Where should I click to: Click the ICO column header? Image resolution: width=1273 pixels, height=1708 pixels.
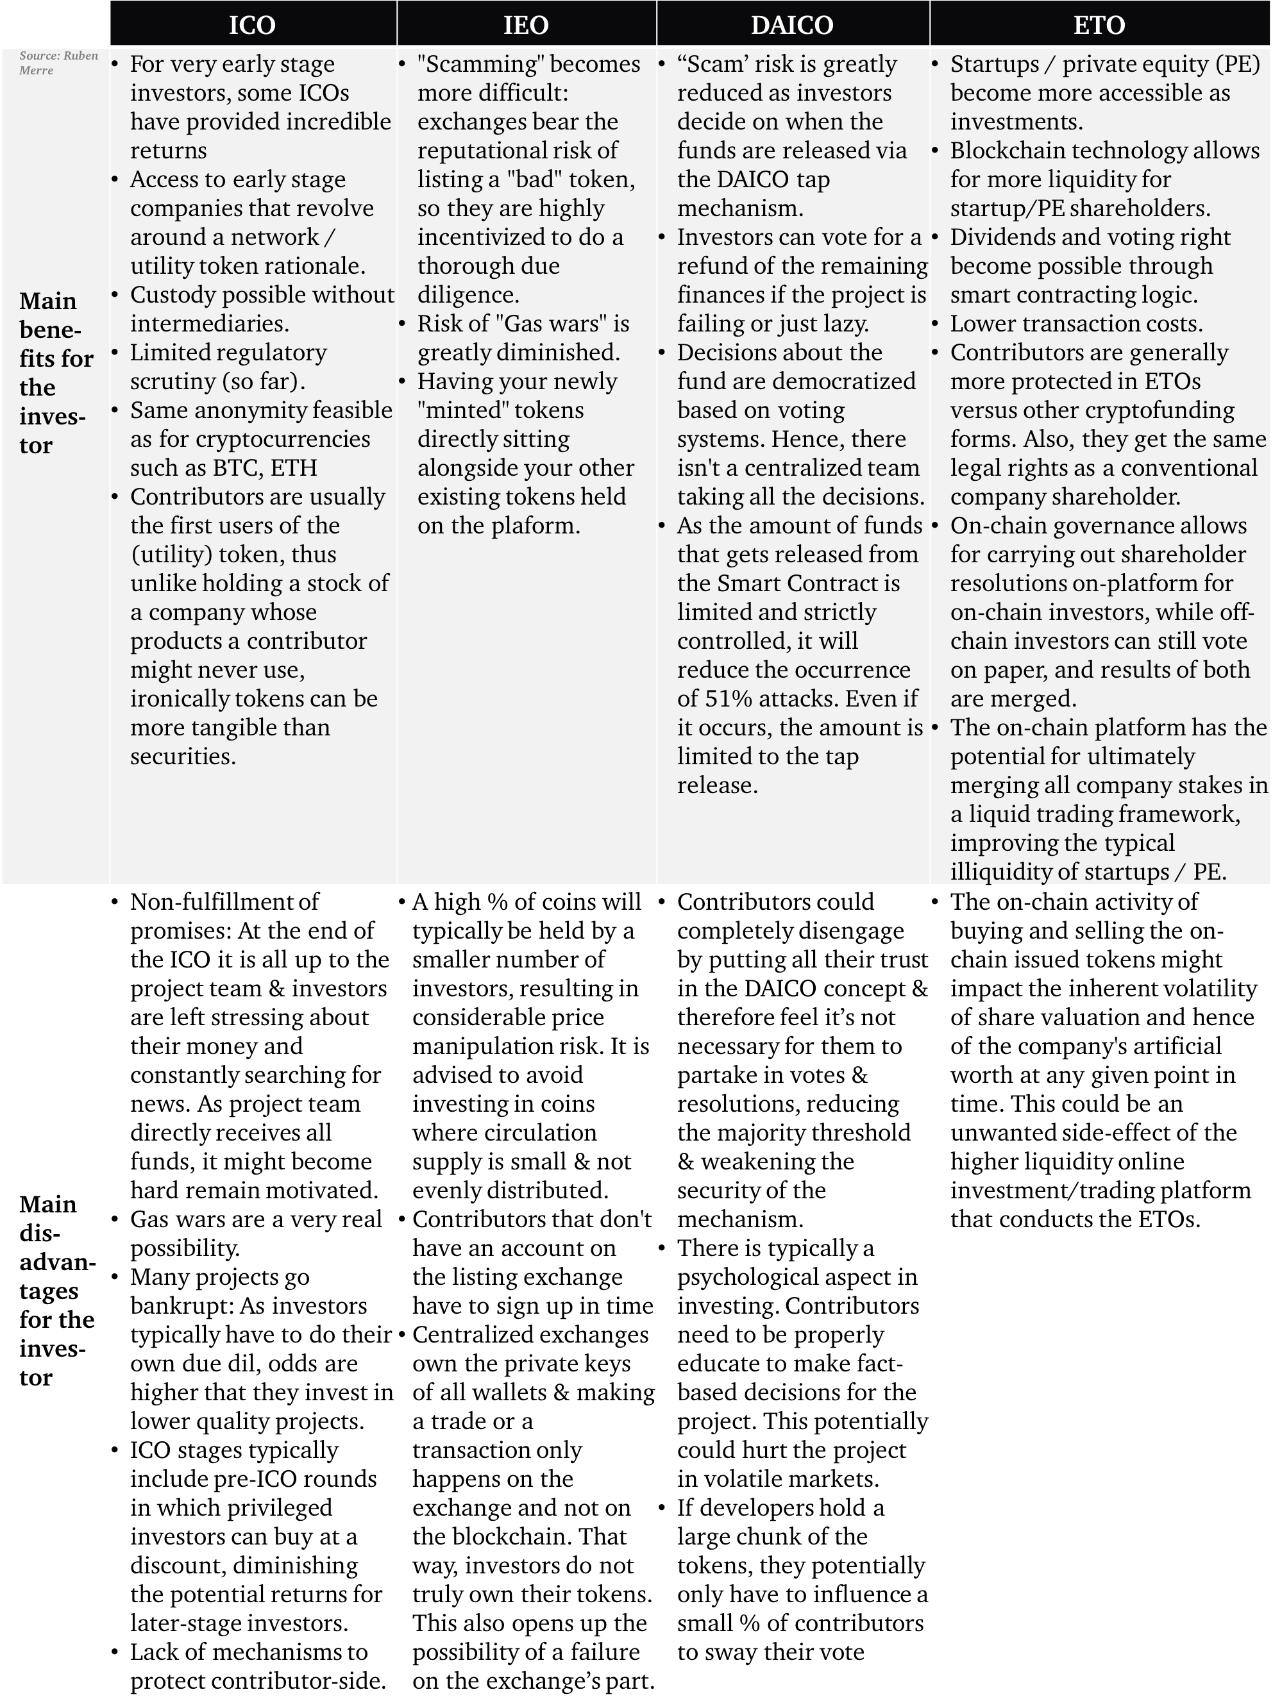click(252, 24)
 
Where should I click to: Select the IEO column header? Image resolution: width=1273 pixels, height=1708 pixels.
click(527, 24)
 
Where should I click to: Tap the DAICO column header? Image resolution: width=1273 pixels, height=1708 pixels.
click(792, 24)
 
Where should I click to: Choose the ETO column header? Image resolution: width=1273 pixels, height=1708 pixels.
click(1100, 24)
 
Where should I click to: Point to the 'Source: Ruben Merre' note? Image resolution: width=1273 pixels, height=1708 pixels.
click(58, 63)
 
